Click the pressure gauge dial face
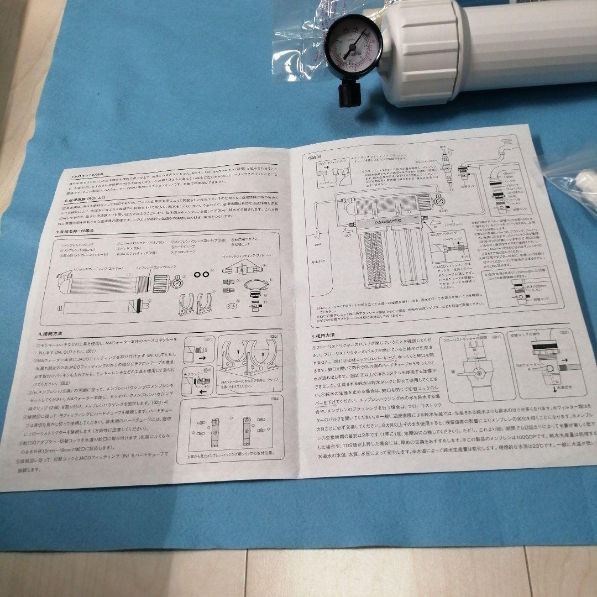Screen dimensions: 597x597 [x=348, y=47]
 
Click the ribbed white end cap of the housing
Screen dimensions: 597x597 [x=422, y=53]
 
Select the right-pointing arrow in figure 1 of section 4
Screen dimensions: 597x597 [x=200, y=358]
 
